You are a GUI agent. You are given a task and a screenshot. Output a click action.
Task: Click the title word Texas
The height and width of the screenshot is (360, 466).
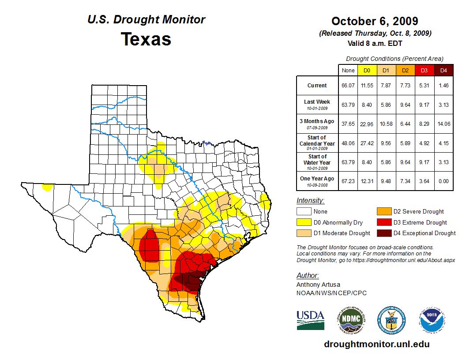coord(146,39)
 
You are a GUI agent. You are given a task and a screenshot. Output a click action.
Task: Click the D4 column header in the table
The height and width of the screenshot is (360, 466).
coord(443,70)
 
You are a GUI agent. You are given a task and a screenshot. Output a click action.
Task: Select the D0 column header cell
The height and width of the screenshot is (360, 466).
coord(367,70)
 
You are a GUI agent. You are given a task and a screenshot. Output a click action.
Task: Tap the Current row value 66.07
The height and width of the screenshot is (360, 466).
coord(347,86)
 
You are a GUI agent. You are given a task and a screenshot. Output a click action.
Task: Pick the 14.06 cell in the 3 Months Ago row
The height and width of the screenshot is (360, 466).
coord(443,124)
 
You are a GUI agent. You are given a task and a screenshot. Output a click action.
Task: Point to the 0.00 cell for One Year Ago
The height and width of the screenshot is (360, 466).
coord(443,181)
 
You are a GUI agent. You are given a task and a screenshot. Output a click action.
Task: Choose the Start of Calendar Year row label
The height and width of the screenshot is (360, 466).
coord(317,143)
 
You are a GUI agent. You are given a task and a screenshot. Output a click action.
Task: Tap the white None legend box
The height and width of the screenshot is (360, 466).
coord(304,212)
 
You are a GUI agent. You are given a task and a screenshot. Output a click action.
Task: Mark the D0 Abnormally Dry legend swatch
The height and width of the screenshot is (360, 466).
coord(304,222)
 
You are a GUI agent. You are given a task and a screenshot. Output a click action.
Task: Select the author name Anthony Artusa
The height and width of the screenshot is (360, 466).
coord(318,285)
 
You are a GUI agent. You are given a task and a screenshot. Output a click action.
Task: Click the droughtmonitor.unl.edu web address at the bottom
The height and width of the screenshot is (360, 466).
coord(376,344)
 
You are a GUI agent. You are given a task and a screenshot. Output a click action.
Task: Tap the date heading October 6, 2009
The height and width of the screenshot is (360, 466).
coord(375,21)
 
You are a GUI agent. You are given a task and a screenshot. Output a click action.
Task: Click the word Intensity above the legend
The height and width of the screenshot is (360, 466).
coord(310,201)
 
